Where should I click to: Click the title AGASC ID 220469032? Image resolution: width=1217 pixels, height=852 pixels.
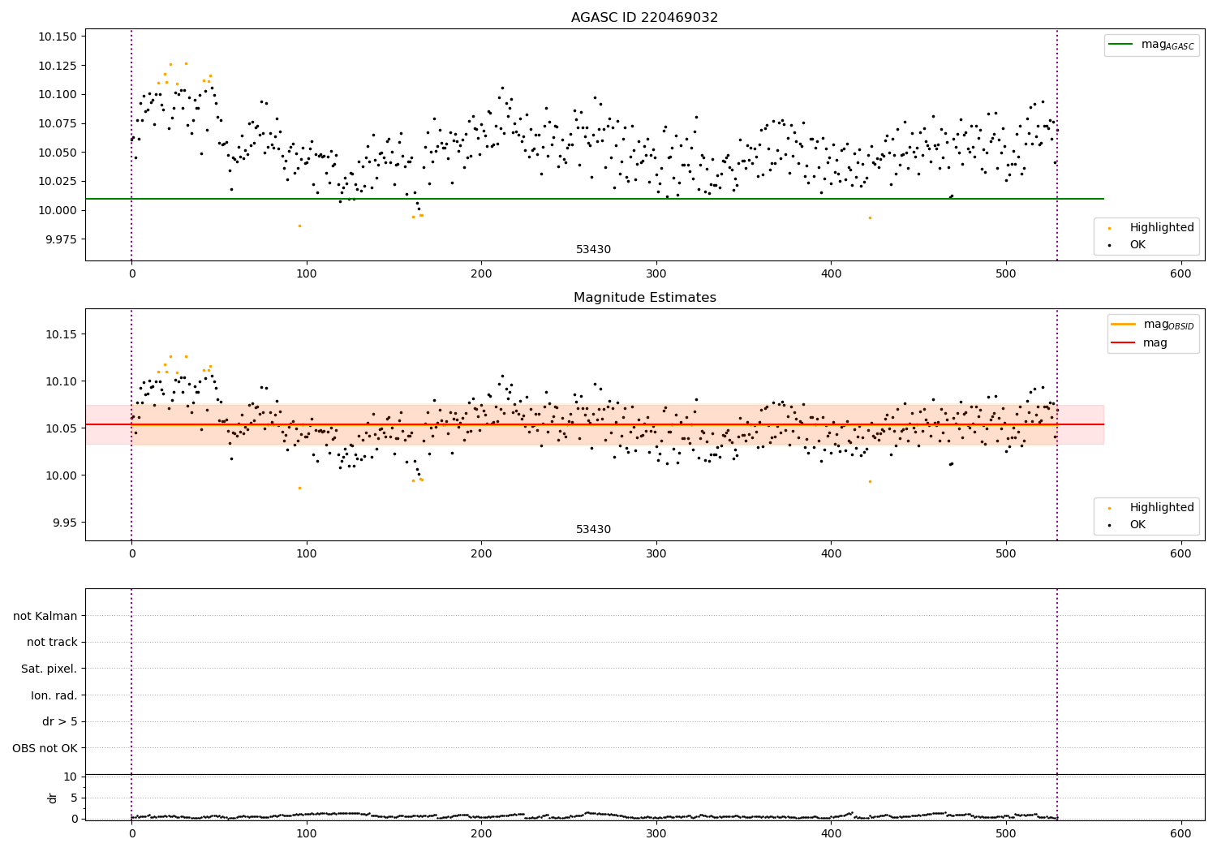click(x=644, y=18)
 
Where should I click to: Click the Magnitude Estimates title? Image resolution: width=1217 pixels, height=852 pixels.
click(x=644, y=298)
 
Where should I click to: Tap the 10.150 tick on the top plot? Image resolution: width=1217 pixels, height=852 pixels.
click(x=57, y=37)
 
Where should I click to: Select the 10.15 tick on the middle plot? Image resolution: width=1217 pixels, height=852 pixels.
click(x=60, y=334)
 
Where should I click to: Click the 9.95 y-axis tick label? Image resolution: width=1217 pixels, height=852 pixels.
click(x=63, y=523)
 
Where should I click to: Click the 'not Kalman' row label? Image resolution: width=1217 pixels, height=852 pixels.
click(x=45, y=616)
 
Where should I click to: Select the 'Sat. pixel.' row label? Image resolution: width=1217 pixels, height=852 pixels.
click(x=49, y=669)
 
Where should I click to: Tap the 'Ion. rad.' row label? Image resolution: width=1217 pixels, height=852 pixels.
click(x=54, y=695)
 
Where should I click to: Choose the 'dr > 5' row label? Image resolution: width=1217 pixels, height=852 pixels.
click(x=59, y=721)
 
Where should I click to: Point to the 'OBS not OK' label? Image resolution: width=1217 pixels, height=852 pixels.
click(x=45, y=748)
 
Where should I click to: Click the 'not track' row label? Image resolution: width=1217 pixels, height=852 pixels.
click(x=52, y=642)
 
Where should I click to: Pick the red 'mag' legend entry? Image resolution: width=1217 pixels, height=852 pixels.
click(x=1155, y=342)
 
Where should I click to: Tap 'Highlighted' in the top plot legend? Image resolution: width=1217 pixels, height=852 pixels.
click(x=1161, y=227)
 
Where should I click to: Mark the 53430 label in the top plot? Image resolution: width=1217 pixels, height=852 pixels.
click(x=593, y=249)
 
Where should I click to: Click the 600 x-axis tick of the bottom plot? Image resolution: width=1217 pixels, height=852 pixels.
click(x=1180, y=833)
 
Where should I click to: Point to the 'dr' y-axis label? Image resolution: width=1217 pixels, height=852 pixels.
click(x=53, y=798)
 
